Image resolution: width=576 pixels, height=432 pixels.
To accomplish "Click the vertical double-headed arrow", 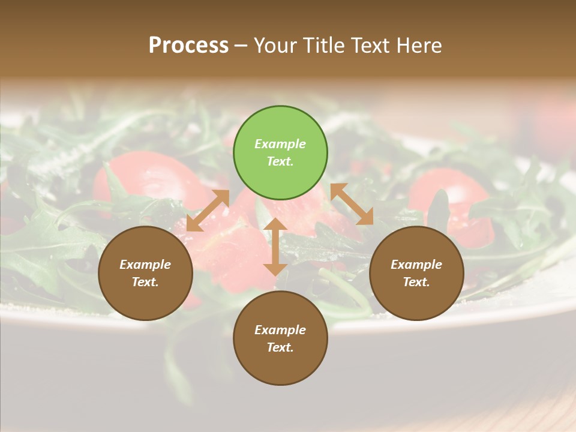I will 275,247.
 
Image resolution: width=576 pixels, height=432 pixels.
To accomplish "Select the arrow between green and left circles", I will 208,210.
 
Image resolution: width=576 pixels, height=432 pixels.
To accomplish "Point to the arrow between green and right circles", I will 352,204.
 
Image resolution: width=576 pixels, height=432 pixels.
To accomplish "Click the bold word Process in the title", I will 188,45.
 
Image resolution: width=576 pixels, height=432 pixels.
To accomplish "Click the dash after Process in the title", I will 241,46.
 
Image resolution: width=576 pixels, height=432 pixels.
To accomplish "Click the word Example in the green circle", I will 280,144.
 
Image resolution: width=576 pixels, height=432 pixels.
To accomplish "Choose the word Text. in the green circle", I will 280,161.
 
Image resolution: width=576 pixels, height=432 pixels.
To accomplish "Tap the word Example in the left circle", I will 145,265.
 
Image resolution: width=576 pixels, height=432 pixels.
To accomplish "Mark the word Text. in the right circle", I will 416,282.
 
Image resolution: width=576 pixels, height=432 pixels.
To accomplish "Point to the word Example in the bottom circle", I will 280,330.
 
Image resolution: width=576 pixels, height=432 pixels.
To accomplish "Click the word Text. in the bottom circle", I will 280,347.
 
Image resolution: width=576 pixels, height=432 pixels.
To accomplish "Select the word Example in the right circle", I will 416,265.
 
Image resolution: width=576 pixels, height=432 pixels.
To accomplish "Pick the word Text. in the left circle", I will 145,282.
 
